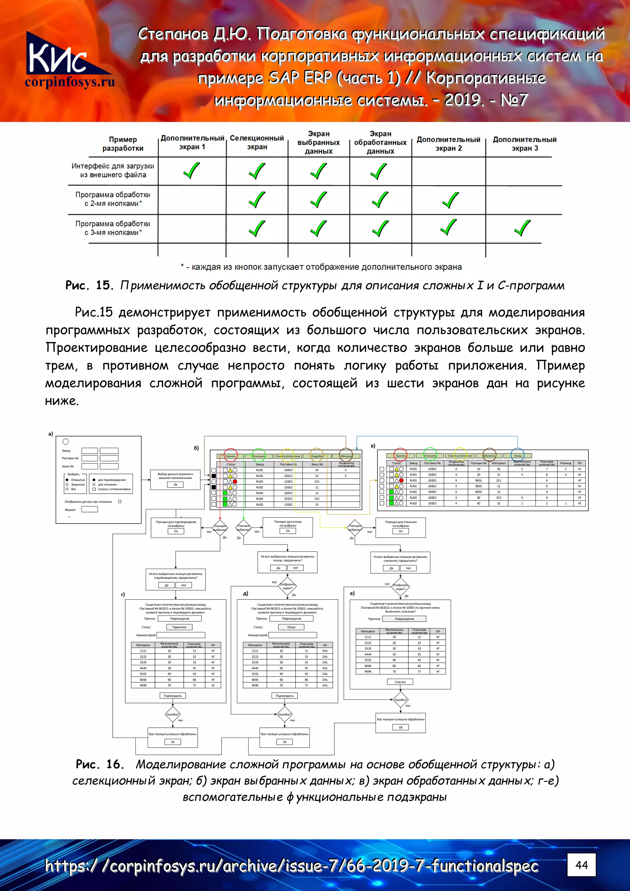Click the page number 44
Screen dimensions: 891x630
coord(581,865)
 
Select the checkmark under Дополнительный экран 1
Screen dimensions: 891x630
coord(191,170)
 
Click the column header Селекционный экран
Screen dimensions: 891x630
coord(257,142)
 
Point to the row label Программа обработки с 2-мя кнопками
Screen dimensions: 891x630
coord(113,199)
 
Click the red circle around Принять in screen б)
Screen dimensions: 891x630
coord(231,455)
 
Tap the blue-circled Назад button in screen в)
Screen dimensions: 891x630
coord(518,455)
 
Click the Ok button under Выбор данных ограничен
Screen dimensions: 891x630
coord(175,485)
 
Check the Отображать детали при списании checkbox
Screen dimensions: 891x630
coord(120,501)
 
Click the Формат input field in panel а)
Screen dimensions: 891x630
coord(89,510)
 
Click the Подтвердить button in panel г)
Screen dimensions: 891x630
coord(173,696)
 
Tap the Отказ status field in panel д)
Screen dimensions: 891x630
coord(291,627)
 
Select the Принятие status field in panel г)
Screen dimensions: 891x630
coord(179,627)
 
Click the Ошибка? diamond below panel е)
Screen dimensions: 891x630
coord(400,700)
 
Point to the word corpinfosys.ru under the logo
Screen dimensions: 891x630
coord(70,82)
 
